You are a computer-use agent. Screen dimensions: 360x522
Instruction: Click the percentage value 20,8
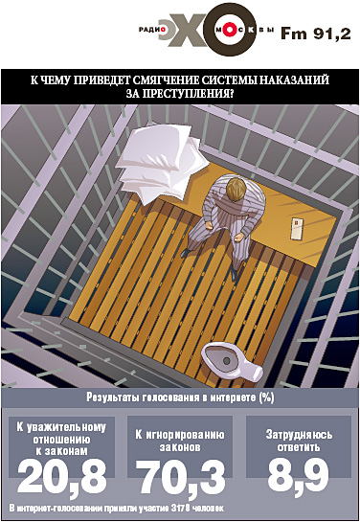tap(62, 477)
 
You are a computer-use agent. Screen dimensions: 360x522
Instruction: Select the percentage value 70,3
tap(181, 477)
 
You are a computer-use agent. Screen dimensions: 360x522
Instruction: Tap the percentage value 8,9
tap(298, 475)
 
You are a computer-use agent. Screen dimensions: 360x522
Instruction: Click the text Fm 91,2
tap(316, 34)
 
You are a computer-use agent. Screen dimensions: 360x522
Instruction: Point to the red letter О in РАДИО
tap(163, 30)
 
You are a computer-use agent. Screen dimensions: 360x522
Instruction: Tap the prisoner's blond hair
tap(238, 189)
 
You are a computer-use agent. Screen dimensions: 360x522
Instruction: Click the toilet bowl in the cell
tap(232, 361)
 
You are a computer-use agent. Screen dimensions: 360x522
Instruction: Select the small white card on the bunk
tap(297, 228)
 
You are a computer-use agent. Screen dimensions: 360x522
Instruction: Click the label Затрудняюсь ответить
tap(299, 441)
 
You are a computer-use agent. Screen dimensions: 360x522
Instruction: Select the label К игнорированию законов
tap(180, 441)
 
